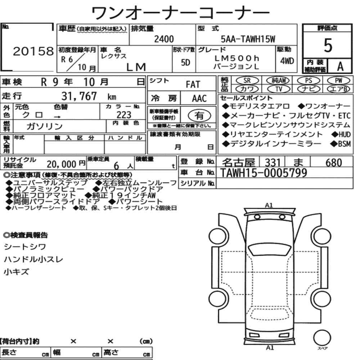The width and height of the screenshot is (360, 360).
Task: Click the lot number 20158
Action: coord(33,51)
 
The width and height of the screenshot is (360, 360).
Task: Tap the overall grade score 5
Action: coord(328,45)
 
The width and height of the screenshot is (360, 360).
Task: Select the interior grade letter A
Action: coord(340,67)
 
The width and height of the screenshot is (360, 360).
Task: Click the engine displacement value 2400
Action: coord(164,39)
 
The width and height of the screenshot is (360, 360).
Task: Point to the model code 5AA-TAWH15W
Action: coord(248,39)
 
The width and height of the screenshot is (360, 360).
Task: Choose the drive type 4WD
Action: coord(287,61)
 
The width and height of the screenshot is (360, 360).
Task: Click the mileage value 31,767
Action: coord(79,96)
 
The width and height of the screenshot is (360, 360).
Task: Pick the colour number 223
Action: coord(124,115)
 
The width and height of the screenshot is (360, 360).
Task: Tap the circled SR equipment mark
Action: coord(247,81)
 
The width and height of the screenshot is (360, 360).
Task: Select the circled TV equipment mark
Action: coord(279,89)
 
